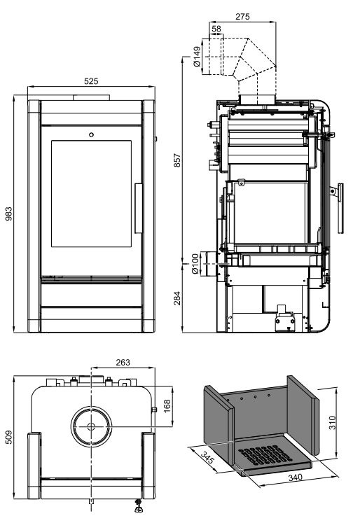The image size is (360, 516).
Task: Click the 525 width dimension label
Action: (91, 81)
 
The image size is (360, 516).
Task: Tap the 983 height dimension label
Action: (8, 214)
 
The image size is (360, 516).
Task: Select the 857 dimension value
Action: (177, 160)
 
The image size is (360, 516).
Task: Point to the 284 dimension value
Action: (177, 298)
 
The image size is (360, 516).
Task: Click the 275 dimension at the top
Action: (242, 17)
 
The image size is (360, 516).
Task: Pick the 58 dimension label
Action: (216, 29)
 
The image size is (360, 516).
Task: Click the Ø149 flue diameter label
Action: (197, 57)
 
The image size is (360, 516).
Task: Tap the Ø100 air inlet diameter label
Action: (195, 264)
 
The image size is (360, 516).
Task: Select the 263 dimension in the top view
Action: (123, 362)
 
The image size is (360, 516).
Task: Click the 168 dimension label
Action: (167, 406)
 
